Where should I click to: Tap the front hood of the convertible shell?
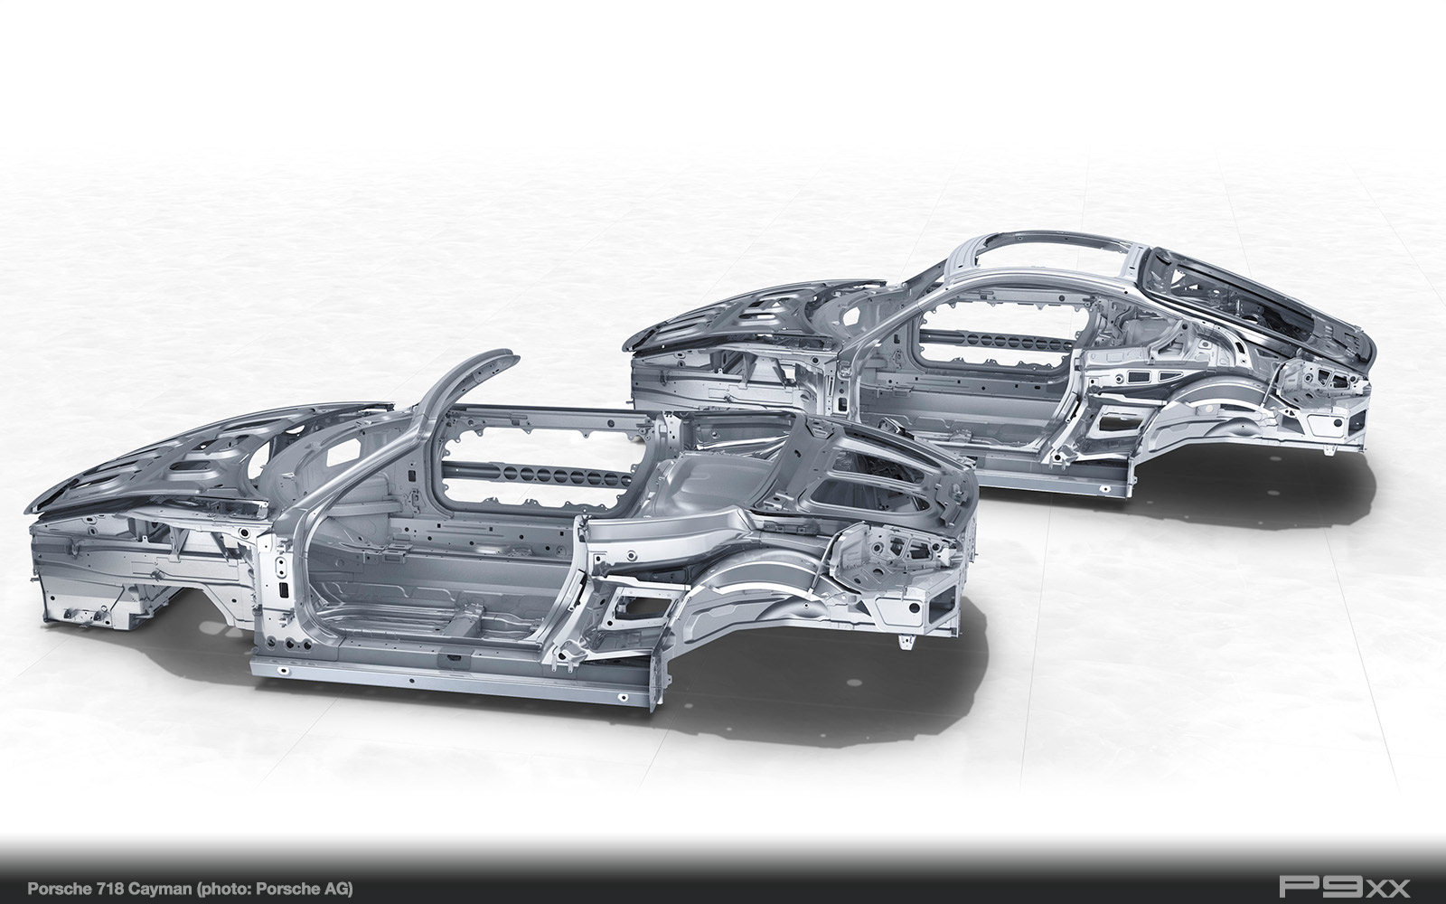[x=193, y=452]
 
